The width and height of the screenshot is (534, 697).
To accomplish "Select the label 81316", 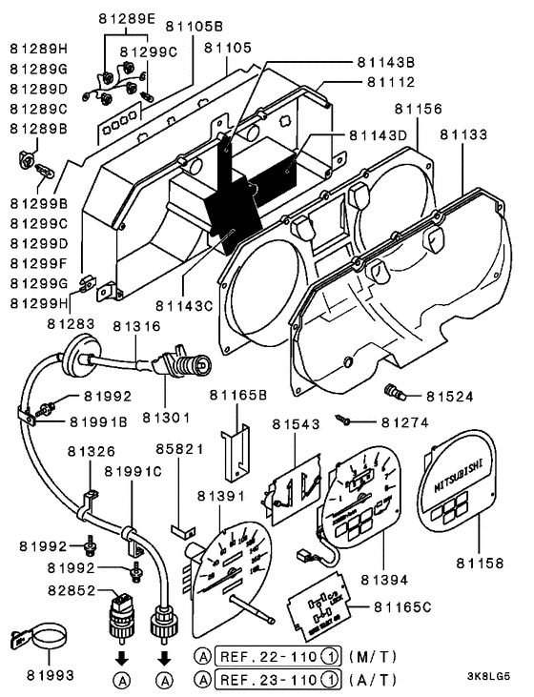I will pyautogui.click(x=136, y=327).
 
